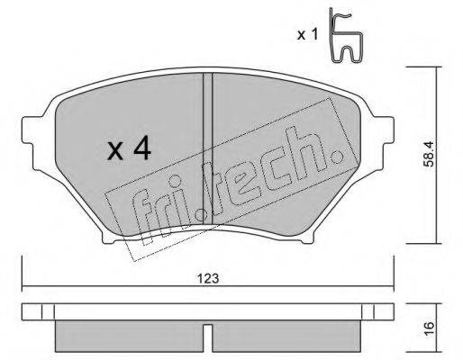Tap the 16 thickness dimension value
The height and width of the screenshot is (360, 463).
431,327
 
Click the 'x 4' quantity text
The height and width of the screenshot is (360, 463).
130,149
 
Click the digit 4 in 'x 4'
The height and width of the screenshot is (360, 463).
141,149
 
